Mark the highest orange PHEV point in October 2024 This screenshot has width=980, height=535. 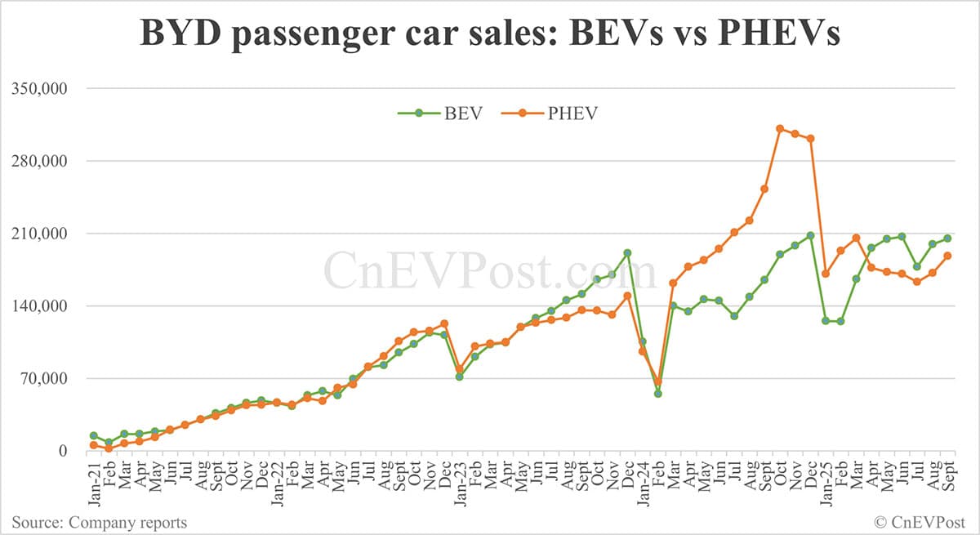click(x=780, y=128)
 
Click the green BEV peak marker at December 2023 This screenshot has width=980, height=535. click(x=627, y=253)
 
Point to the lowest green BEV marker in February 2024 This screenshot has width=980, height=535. click(x=657, y=394)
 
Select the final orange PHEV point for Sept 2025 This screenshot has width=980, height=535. click(x=948, y=256)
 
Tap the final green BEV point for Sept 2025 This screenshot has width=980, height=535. click(x=948, y=239)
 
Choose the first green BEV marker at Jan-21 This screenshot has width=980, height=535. click(x=94, y=436)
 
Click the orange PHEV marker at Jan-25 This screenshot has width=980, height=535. click(x=826, y=274)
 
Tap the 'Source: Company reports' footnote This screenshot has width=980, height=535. click(x=99, y=522)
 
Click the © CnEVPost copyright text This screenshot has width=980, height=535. click(x=921, y=522)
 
